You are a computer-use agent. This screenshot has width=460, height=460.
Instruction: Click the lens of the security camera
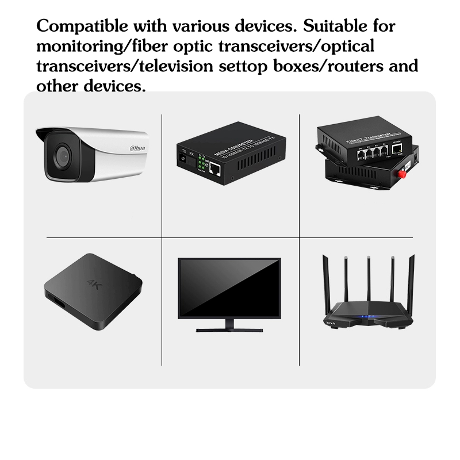pos(60,152)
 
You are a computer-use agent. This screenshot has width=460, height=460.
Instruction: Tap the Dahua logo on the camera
pos(138,149)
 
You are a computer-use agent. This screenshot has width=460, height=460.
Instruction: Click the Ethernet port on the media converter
pos(216,168)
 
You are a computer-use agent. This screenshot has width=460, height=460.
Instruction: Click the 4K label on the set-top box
pos(94,283)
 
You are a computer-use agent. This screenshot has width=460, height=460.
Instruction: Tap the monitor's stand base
pos(229,329)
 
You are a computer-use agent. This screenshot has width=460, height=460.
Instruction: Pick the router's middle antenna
pos(369,282)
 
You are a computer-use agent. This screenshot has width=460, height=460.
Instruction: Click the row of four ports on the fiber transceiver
pos(369,151)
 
